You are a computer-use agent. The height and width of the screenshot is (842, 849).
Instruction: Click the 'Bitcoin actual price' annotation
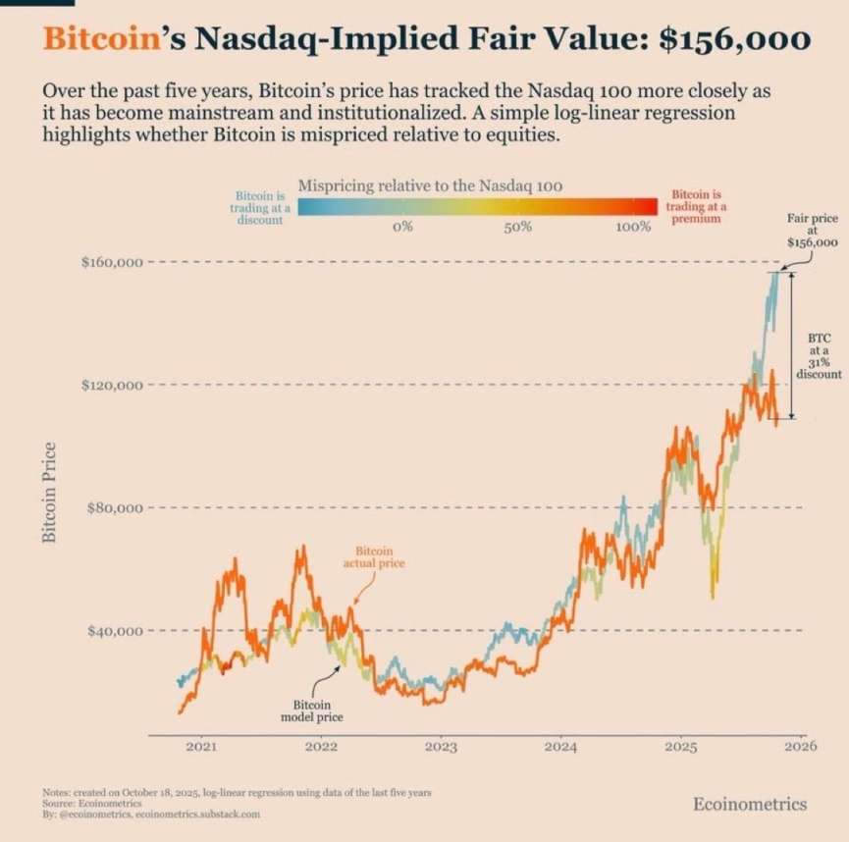point(373,557)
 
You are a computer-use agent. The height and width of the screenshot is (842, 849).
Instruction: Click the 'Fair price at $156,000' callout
point(811,228)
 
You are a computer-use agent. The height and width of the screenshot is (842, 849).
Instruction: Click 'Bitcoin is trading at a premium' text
point(696,207)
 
